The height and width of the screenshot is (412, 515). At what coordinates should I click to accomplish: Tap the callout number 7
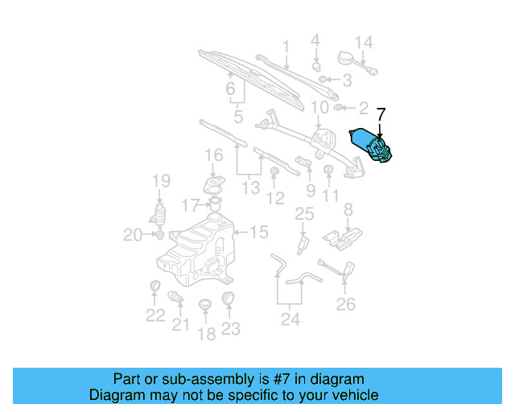point(381,115)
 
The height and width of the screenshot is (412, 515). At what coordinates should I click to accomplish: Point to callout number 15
point(258,233)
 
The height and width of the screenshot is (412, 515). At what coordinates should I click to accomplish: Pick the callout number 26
point(345,304)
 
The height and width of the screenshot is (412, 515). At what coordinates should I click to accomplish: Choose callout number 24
point(290,319)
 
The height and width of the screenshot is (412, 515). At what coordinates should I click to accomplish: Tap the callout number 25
point(303,213)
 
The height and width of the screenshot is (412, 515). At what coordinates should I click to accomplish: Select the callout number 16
point(213,154)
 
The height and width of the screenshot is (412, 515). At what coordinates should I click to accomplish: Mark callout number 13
point(251,187)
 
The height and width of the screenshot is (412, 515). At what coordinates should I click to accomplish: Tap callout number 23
point(231,328)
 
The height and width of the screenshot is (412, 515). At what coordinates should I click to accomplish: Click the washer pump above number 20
point(160,216)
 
